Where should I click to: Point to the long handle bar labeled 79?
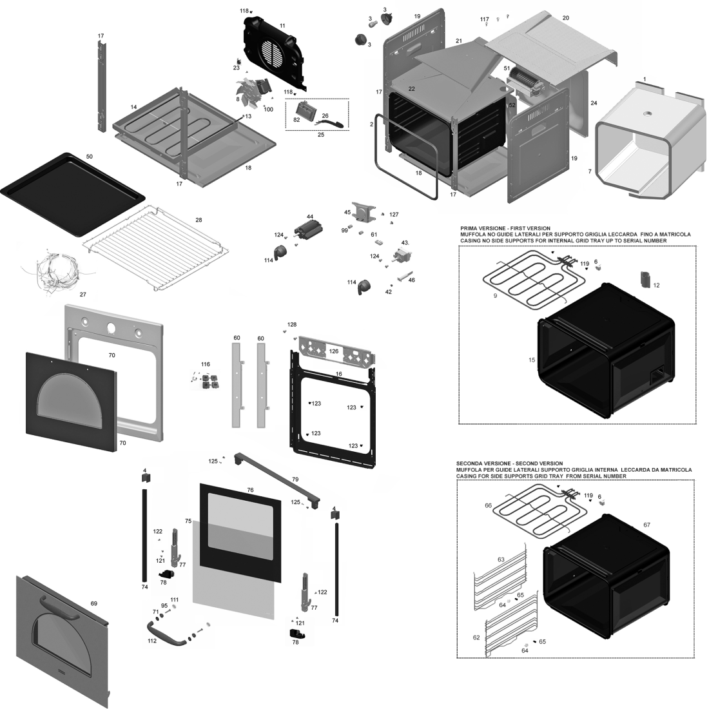(277, 478)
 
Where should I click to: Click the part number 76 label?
(250, 490)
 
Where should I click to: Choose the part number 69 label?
(93, 603)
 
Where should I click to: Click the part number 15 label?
(532, 360)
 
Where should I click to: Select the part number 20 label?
(565, 17)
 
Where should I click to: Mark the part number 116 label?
(205, 364)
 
